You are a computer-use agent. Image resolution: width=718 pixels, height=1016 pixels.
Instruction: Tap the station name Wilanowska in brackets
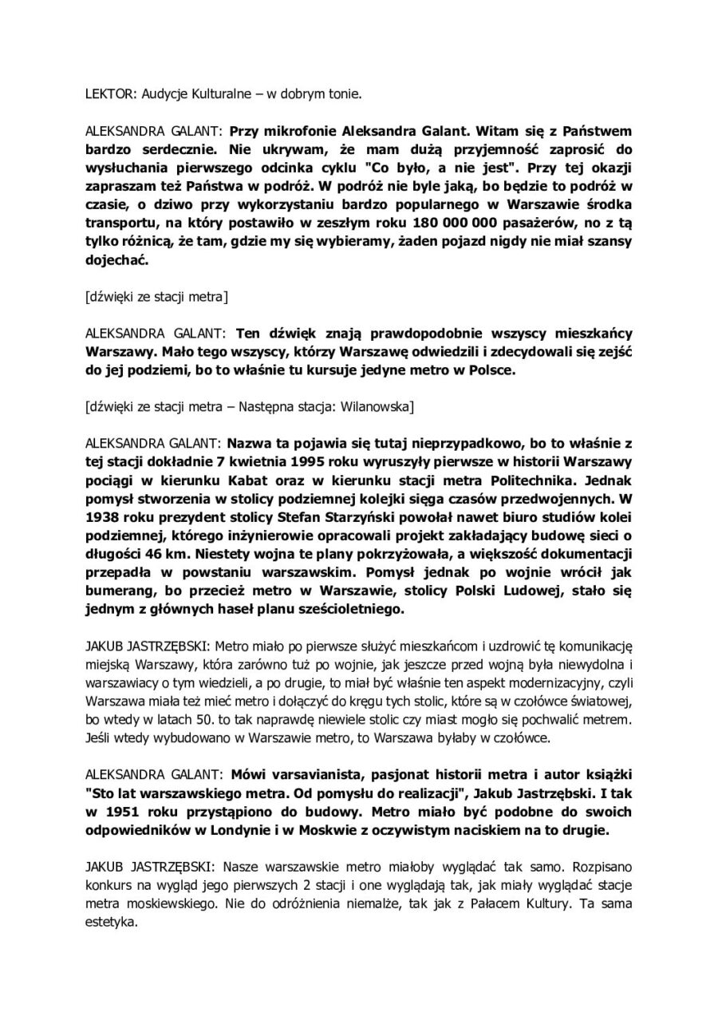pyautogui.click(x=373, y=407)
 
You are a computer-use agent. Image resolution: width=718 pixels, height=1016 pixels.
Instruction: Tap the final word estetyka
pyautogui.click(x=112, y=925)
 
